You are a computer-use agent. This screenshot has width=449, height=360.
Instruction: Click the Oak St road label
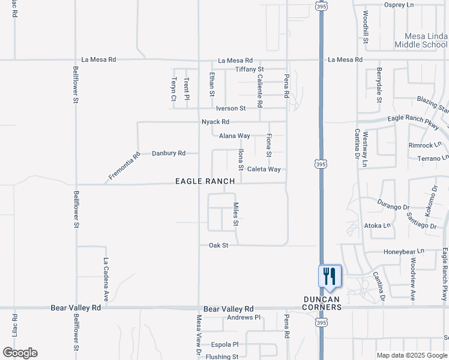pos(218,245)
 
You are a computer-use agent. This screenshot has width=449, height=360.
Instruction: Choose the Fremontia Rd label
pos(124,166)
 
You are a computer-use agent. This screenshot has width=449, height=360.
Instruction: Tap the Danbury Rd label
pos(168,153)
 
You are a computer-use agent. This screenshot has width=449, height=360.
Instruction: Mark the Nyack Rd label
pos(215,122)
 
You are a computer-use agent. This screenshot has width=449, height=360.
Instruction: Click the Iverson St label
pos(231,109)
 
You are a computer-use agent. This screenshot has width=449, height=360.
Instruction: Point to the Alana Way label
pos(234,136)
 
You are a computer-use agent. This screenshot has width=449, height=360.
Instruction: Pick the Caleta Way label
pos(264,169)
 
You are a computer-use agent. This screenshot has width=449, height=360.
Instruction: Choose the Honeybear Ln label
pos(403,251)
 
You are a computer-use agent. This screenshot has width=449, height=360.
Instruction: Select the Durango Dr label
pos(392,203)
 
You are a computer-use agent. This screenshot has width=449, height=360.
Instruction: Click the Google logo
pos(20,353)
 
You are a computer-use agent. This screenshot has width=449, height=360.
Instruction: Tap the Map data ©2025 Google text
pos(411,355)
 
